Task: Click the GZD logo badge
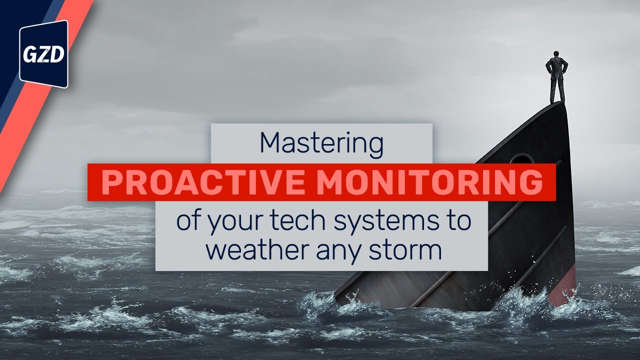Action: click(43, 54)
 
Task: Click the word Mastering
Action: click(321, 144)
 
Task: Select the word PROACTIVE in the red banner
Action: click(202, 183)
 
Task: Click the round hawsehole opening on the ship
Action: click(522, 159)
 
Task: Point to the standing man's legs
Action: click(557, 90)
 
